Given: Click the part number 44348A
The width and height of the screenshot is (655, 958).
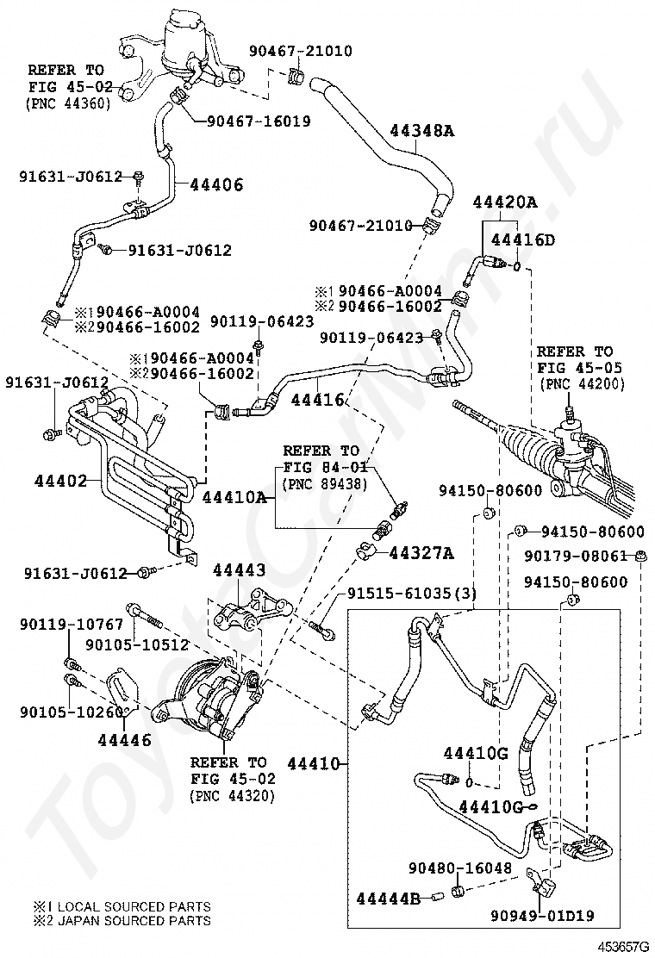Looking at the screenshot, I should point(421,131).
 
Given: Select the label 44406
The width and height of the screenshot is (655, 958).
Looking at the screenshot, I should point(216,184).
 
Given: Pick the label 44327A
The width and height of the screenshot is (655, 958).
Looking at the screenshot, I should point(421,552).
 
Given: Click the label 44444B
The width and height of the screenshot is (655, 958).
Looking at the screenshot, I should point(388,899).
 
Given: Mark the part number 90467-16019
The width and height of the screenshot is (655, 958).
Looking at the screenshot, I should point(259,121).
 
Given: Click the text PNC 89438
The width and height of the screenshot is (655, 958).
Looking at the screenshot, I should point(325,483).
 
